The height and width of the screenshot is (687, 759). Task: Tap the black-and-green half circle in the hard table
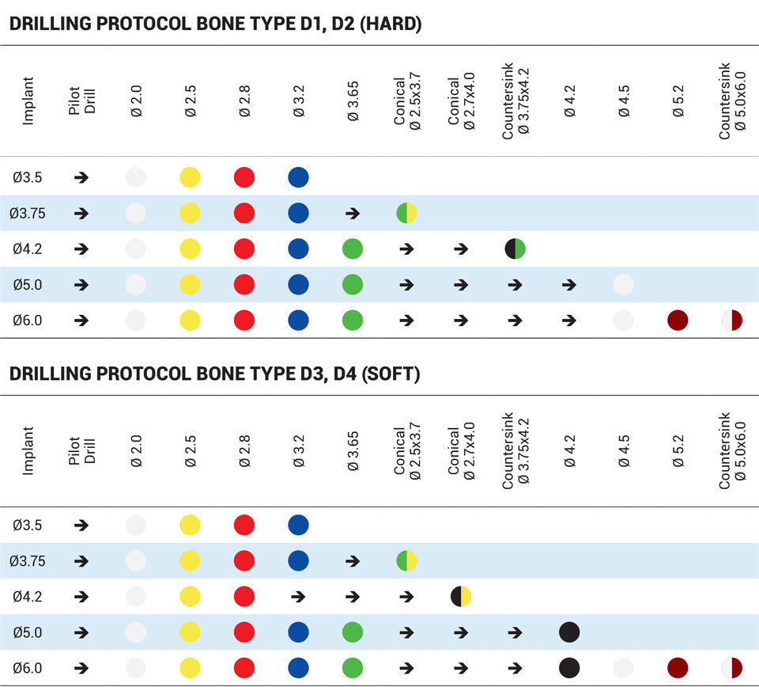[515, 249]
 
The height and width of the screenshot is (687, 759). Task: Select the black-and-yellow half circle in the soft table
[461, 596]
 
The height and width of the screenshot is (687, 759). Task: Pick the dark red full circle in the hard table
[678, 321]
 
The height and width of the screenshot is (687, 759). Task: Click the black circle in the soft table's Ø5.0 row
[569, 632]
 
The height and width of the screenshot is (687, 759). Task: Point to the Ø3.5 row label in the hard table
[27, 177]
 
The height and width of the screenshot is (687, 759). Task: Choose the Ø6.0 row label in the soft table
[27, 668]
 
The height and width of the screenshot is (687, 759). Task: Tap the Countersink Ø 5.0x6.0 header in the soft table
[731, 451]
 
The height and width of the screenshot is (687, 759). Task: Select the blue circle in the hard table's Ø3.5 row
[298, 177]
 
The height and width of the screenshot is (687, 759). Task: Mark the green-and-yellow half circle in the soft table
[406, 560]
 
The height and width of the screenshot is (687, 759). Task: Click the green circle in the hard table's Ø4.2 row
[353, 249]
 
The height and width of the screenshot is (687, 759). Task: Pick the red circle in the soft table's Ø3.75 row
[244, 560]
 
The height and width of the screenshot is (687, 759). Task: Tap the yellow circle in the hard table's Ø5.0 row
[190, 284]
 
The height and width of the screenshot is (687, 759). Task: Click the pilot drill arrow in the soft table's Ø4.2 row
[81, 596]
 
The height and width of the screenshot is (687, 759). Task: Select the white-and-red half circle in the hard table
[732, 321]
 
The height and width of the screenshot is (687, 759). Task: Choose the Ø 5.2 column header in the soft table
[678, 451]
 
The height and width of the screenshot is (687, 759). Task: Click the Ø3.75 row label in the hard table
[27, 213]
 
